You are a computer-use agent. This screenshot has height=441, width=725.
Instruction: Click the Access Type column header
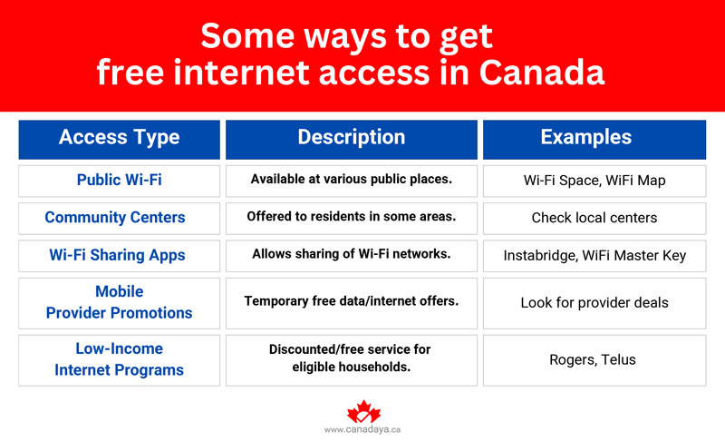[119, 138]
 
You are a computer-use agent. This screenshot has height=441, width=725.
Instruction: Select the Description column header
[352, 138]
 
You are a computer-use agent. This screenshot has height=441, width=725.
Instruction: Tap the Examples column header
[594, 138]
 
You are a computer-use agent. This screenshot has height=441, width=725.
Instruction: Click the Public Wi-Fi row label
[119, 180]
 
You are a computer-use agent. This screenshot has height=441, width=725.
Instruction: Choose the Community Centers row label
[119, 218]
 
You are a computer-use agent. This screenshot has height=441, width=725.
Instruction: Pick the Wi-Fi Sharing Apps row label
[119, 255]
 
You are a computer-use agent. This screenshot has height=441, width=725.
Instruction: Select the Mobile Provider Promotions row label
[119, 302]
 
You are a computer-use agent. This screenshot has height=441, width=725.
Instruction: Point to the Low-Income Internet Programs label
[119, 359]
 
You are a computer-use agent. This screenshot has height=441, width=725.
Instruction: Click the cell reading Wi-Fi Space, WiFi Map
[594, 181]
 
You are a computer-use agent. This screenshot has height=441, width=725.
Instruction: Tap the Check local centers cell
[594, 219]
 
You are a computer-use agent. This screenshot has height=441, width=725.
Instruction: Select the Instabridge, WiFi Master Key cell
[594, 256]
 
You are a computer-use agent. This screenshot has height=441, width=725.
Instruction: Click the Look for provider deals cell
[594, 303]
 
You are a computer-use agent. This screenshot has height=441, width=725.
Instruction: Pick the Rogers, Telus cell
[594, 360]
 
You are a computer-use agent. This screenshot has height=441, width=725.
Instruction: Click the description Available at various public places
[352, 180]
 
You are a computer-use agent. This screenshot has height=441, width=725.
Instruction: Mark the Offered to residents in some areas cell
[352, 218]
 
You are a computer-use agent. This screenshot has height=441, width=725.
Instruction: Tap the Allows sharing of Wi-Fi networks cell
[352, 255]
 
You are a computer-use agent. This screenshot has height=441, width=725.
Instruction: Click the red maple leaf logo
[362, 411]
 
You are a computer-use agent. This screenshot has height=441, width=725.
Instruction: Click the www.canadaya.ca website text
[362, 429]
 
